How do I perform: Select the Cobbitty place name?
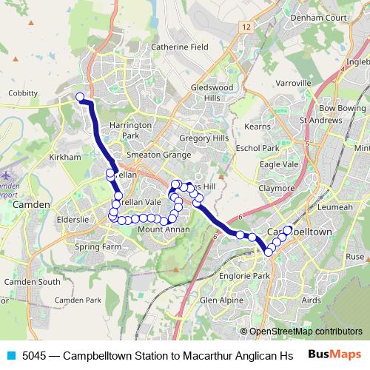pos(23,93)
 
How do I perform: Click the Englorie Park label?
pos(245,275)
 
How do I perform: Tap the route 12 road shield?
pos(246,26)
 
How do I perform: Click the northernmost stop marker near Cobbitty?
pos(80,97)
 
